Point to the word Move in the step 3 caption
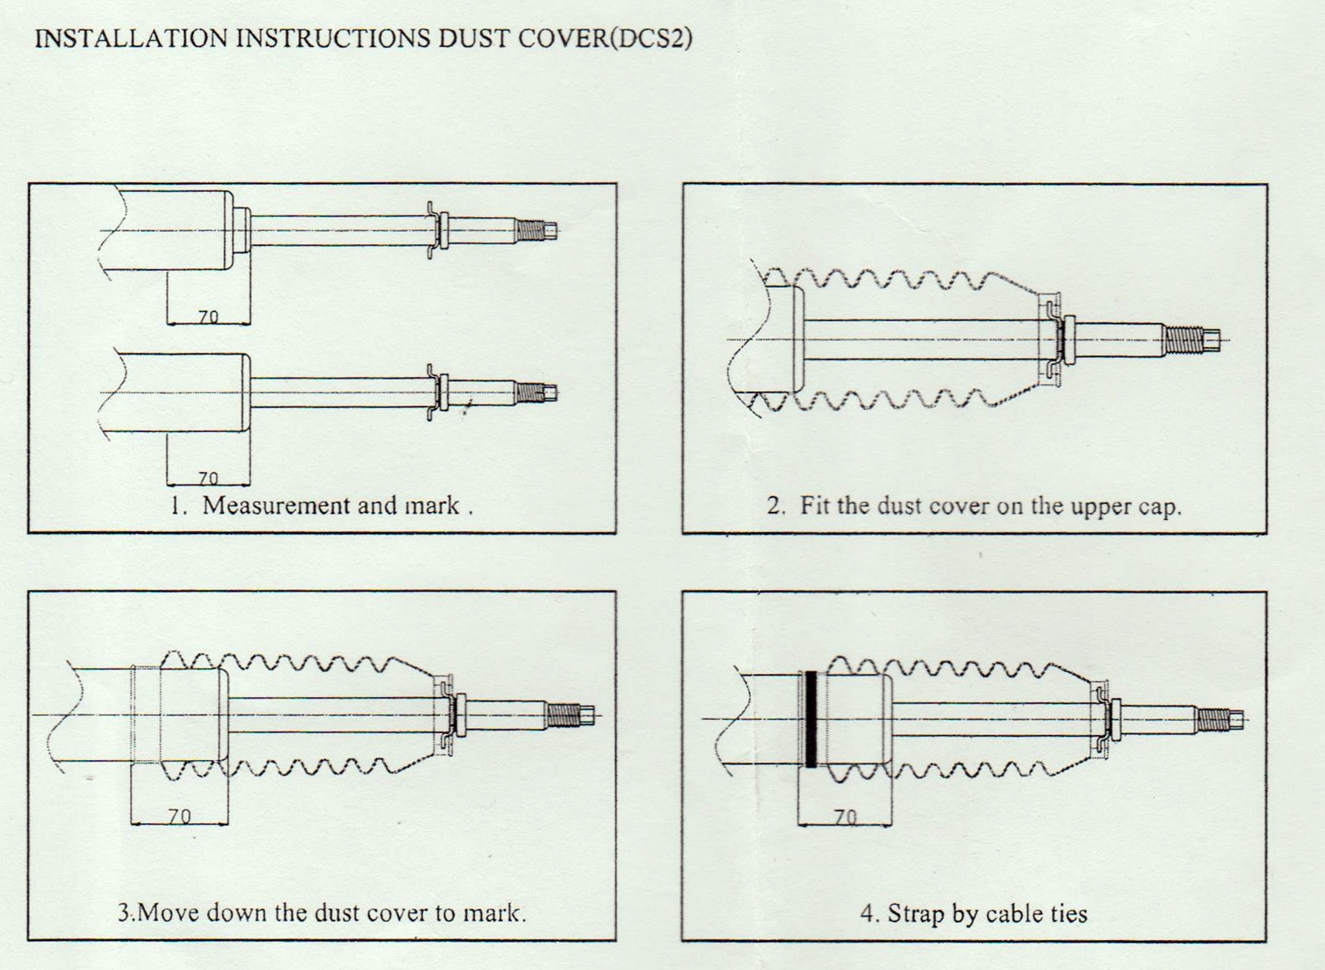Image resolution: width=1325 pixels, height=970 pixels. point(167,913)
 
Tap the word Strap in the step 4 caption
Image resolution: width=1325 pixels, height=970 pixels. point(915,913)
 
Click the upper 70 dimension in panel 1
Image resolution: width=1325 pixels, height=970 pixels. point(208,316)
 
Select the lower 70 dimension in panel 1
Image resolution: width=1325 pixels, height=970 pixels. point(208,478)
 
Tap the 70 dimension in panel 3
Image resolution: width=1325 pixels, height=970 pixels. point(180,817)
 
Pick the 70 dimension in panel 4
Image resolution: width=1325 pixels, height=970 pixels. point(845,817)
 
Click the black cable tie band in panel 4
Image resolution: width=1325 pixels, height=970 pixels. point(811,719)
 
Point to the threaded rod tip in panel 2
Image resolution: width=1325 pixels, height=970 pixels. point(1191,340)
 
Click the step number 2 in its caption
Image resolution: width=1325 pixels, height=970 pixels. point(774,506)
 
